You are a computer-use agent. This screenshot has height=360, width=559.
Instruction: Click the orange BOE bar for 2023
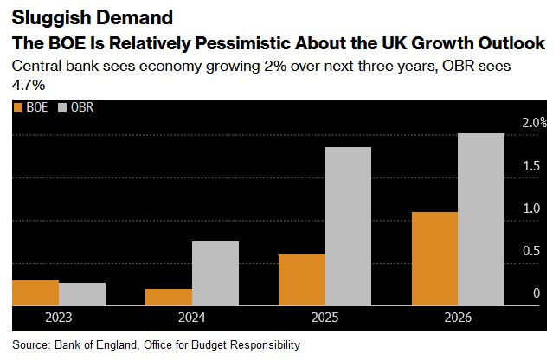(x=35, y=292)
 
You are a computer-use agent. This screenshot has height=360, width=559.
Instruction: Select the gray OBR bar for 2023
(x=82, y=294)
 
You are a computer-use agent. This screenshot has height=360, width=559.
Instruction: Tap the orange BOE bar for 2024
(x=169, y=297)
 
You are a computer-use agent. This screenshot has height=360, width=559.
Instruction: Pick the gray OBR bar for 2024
(x=215, y=273)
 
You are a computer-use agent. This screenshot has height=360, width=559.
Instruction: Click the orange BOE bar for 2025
(x=301, y=280)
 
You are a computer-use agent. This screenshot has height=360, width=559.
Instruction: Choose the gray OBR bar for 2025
(x=348, y=226)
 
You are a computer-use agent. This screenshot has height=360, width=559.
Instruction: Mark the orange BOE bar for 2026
(x=434, y=258)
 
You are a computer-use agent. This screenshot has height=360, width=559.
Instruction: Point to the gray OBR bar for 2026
(x=481, y=219)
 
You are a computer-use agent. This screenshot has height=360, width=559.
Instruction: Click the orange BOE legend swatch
(x=18, y=109)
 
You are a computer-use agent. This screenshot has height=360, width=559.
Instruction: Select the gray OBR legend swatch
(x=62, y=109)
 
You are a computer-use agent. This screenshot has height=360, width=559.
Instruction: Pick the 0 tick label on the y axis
(x=537, y=293)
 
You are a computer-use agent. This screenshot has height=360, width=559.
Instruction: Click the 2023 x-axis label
(x=59, y=317)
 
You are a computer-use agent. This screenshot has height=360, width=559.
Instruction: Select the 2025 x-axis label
(x=324, y=317)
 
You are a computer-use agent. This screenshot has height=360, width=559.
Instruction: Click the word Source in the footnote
(x=32, y=344)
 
